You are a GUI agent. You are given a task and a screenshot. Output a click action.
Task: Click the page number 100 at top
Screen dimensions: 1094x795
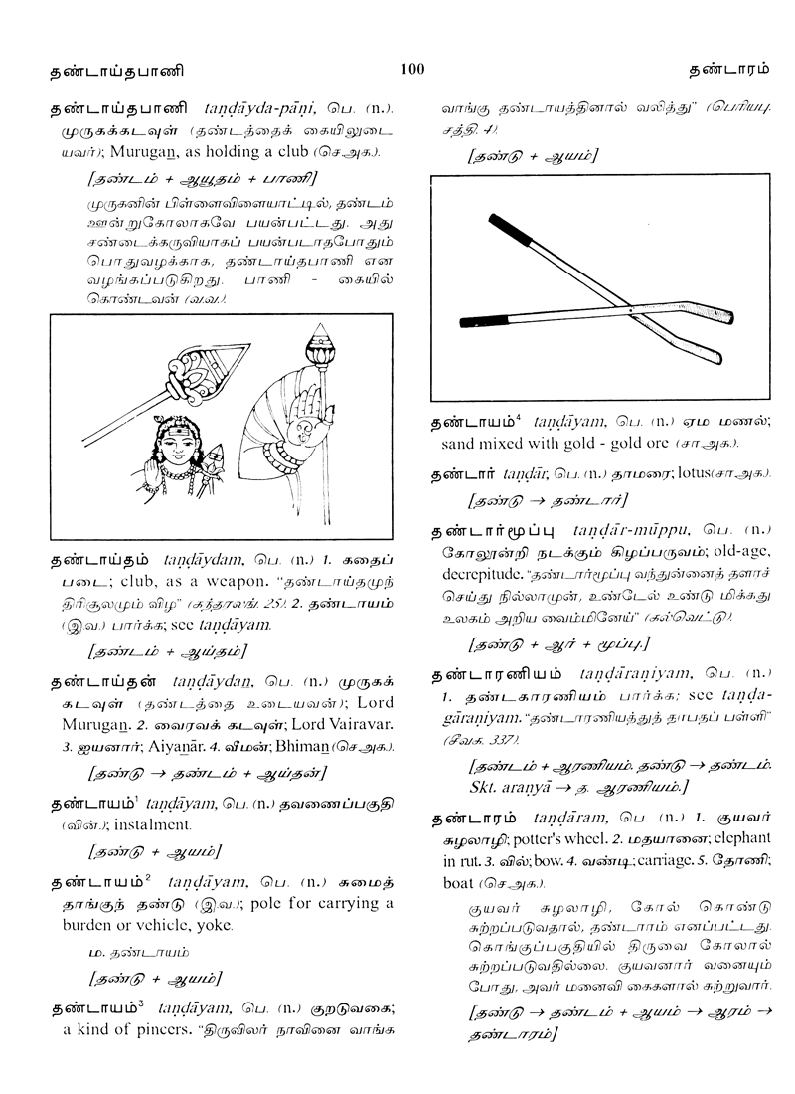tap(412, 69)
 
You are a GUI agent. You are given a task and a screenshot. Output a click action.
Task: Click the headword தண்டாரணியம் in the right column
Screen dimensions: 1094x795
tap(495, 676)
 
